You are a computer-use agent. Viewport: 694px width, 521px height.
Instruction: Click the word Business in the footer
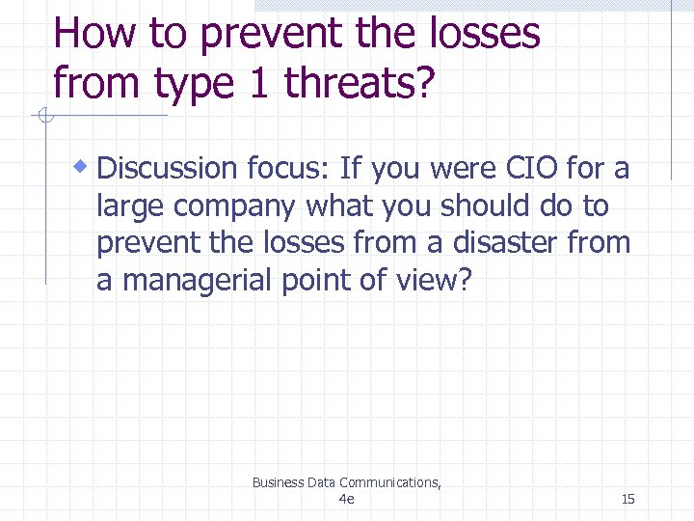tap(277, 482)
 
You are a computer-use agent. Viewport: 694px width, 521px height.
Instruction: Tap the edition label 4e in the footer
tap(347, 499)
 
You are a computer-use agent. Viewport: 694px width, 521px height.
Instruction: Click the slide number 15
tap(627, 499)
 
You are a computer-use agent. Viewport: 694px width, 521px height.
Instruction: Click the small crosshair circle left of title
tap(43, 118)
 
